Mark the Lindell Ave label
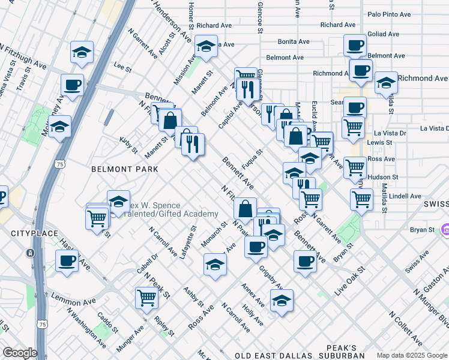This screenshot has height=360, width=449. click(405, 196)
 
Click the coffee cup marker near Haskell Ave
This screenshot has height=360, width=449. click(67, 260)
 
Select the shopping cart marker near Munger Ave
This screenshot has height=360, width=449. click(146, 297)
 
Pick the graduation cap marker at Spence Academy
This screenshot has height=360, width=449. click(119, 201)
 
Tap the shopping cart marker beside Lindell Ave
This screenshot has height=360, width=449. click(361, 199)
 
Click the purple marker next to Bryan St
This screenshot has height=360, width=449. click(445, 229)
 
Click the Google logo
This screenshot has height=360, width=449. click(19, 353)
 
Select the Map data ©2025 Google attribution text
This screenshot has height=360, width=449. click(411, 355)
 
